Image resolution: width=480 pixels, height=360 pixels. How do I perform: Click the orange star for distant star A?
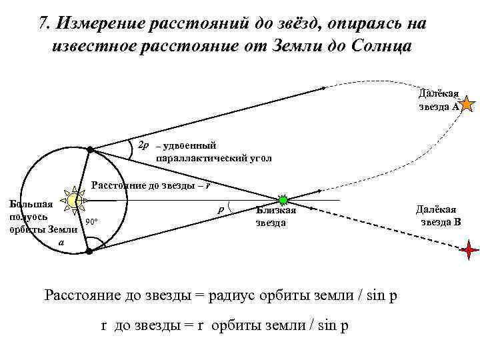(468, 103)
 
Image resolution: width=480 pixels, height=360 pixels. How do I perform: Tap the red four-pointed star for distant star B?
(469, 249)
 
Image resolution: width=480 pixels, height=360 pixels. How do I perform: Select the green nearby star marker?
(283, 200)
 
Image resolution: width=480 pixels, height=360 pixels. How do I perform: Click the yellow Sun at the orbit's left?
(73, 200)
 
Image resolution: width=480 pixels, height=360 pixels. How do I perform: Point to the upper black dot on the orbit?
(91, 150)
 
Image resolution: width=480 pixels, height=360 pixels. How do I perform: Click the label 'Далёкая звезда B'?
(438, 215)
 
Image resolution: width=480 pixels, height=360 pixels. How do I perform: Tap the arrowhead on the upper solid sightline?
(323, 87)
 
